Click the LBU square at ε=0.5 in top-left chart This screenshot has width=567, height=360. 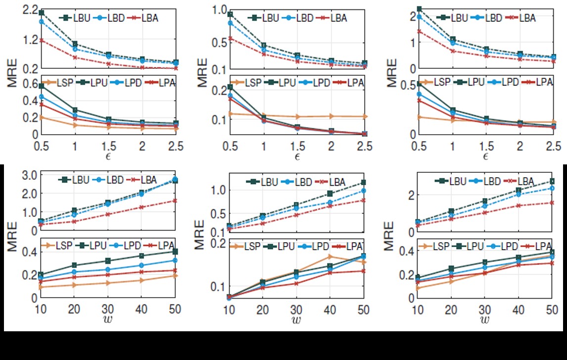[42, 12]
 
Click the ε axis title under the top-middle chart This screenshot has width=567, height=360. [297, 156]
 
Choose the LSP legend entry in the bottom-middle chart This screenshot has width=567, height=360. [257, 246]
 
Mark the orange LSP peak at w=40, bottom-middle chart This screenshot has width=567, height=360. [330, 257]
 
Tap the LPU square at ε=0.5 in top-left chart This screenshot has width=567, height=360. [42, 86]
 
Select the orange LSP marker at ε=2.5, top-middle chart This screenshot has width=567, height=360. [364, 116]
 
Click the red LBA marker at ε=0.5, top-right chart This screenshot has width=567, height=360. [419, 31]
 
